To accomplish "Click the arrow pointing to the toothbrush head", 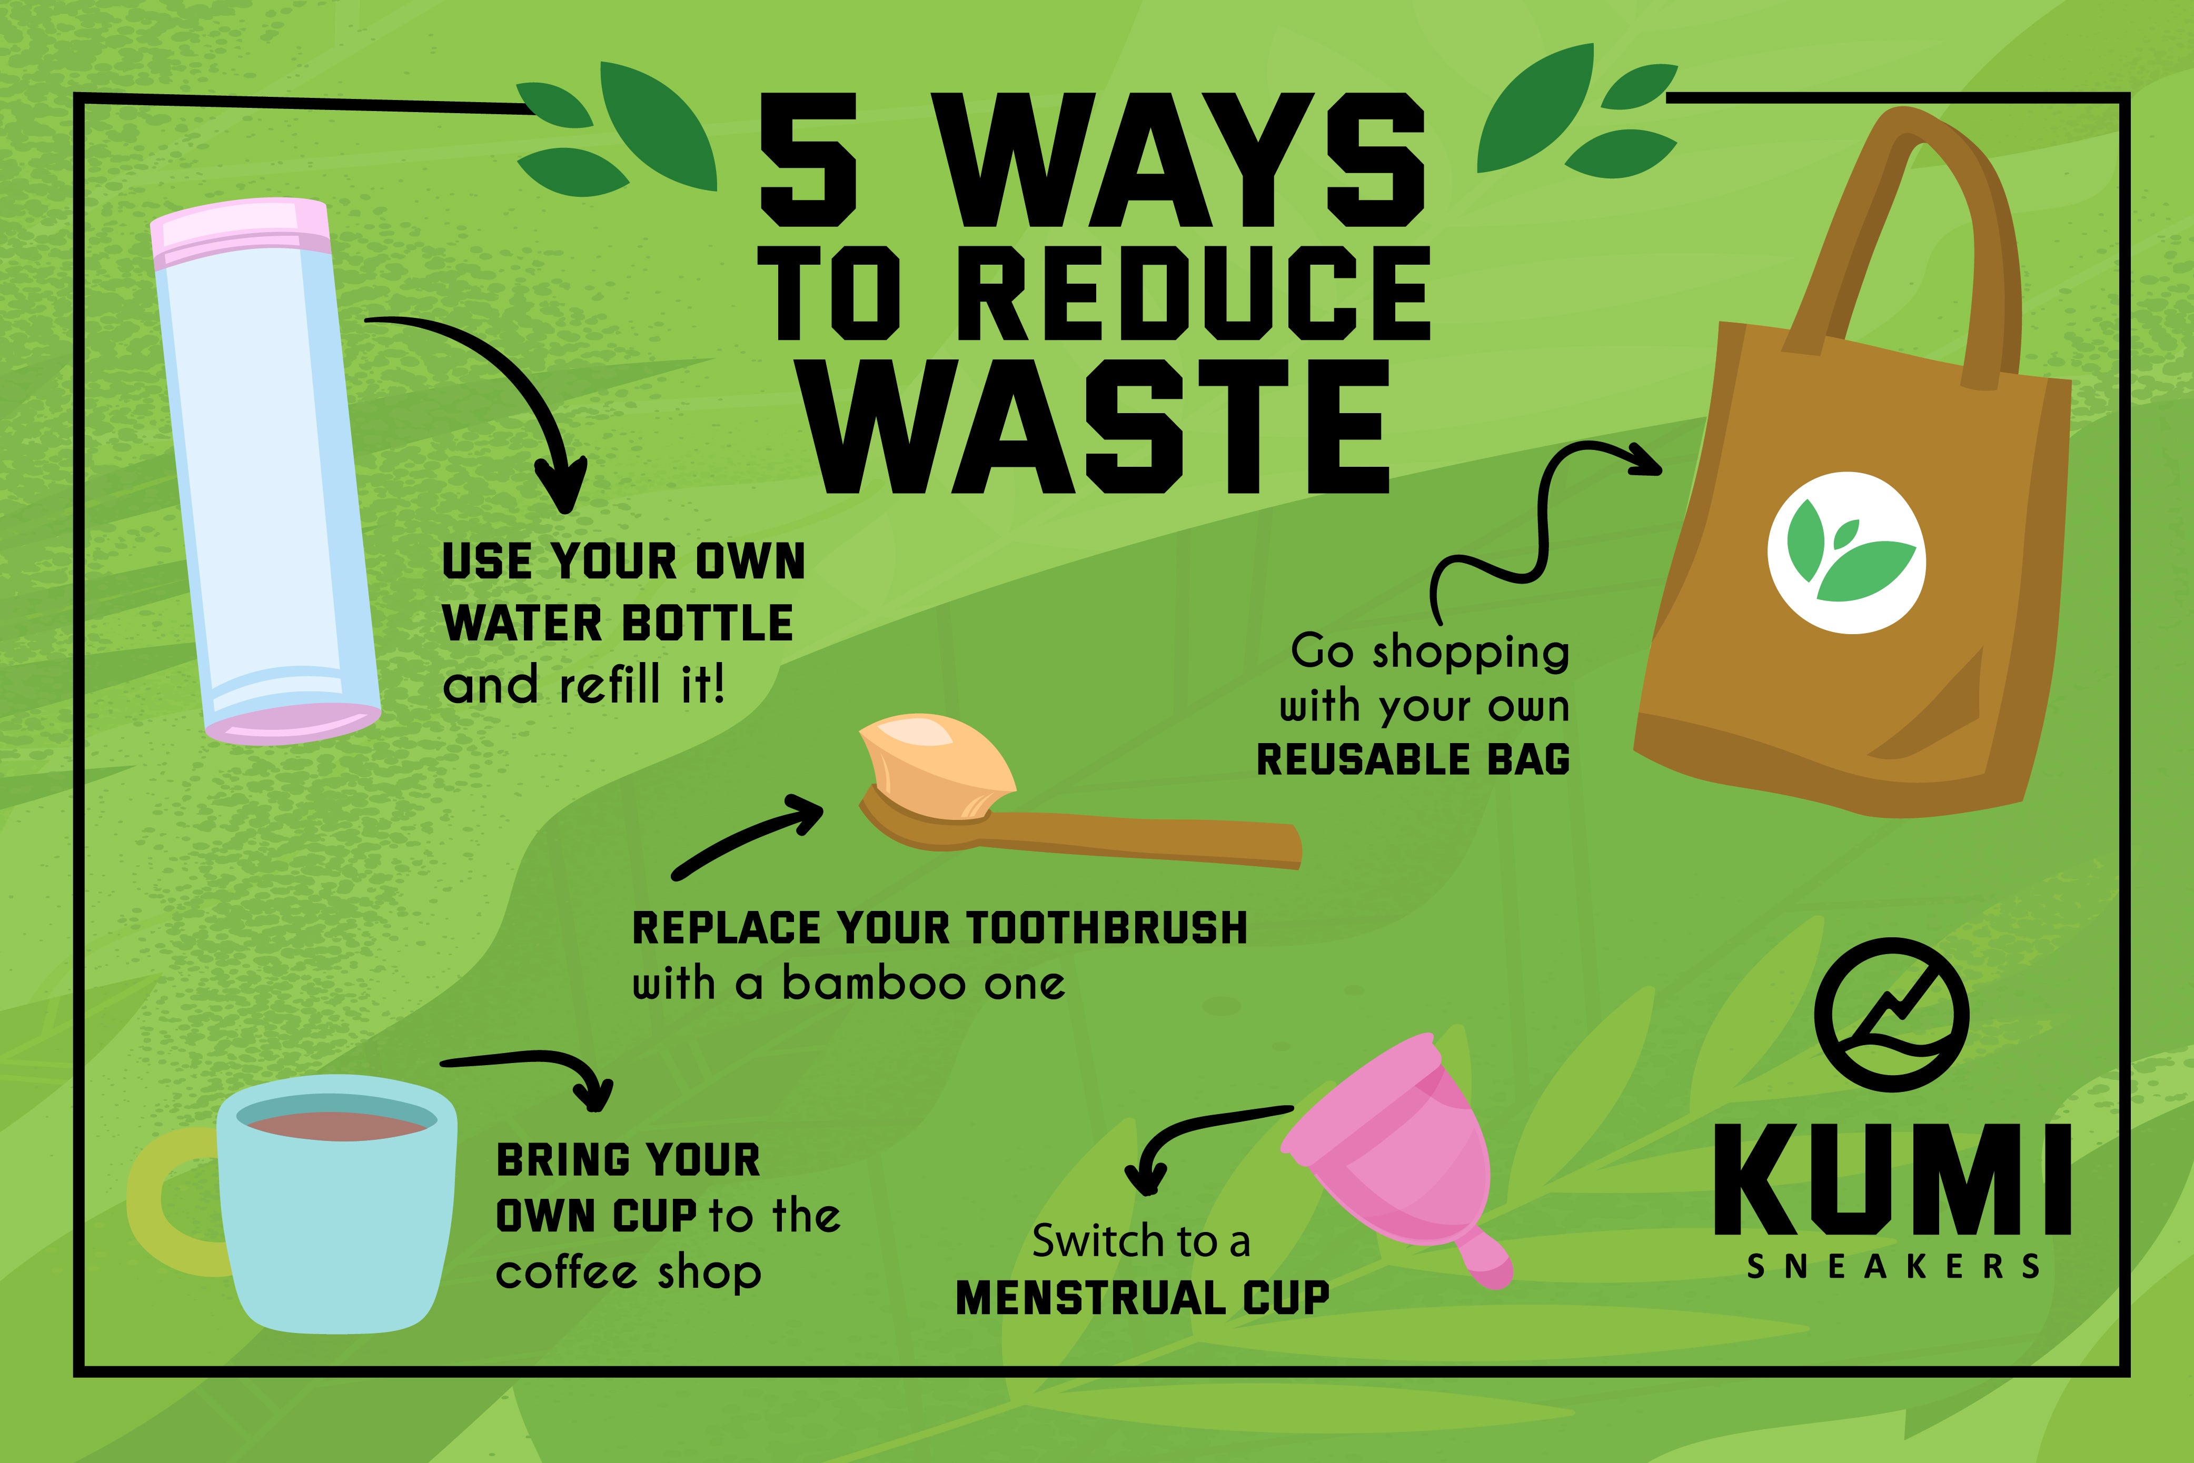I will (747, 840).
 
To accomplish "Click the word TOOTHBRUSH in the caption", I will (1106, 928).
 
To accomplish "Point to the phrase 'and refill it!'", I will (583, 686).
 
